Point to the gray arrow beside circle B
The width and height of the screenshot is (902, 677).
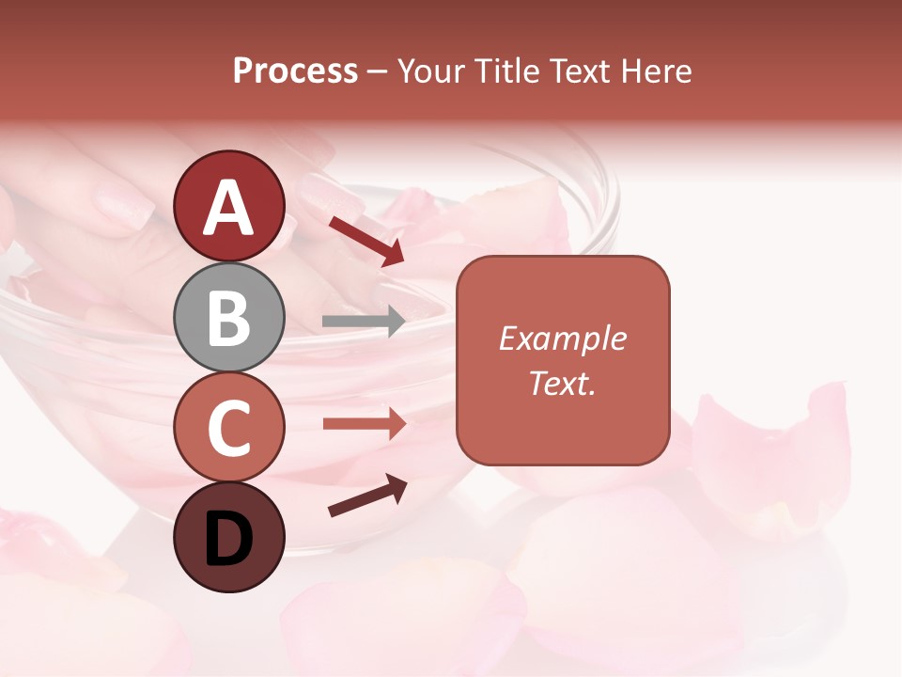(364, 322)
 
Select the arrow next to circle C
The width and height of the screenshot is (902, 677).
(365, 424)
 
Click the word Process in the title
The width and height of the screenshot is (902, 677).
(295, 71)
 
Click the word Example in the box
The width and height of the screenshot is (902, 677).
(562, 338)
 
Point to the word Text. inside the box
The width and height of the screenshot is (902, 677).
(562, 383)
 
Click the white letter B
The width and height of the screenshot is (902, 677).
(228, 319)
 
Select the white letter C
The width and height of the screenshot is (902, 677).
(228, 429)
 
